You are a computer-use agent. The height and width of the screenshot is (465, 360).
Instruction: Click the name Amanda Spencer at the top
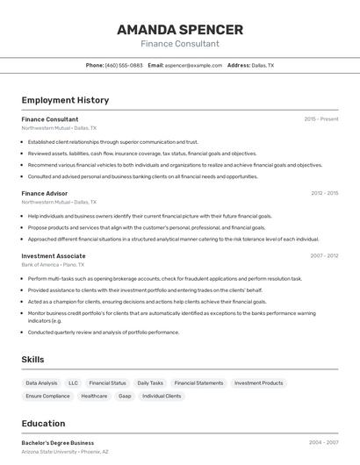coord(180,29)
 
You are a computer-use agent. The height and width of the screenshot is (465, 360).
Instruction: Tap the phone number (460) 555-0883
coord(124,65)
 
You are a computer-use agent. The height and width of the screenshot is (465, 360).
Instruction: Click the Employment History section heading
coord(65,100)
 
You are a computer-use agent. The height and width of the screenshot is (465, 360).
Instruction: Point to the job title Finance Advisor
coord(45,193)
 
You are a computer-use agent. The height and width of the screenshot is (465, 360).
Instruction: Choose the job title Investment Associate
coord(54,256)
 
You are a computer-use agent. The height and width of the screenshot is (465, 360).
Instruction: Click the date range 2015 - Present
coord(321,119)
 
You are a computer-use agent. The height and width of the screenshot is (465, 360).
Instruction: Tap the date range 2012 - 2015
coord(324,193)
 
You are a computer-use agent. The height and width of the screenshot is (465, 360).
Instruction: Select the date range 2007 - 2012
coord(324,256)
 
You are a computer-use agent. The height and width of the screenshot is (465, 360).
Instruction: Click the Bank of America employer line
coord(53,264)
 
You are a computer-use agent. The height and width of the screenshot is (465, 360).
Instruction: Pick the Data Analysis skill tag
coord(41,383)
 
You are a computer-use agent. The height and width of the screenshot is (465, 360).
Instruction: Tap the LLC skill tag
coord(73,383)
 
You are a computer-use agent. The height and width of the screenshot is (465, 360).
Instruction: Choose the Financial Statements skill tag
coord(198,383)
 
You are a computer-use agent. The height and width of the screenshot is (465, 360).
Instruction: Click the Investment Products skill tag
coord(258,383)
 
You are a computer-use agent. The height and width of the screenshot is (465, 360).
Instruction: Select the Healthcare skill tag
coord(94,397)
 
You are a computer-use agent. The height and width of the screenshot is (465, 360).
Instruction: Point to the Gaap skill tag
coord(125,397)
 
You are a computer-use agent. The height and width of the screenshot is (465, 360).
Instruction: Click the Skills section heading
coord(33,360)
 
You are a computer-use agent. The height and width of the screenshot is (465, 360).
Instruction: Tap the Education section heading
coord(43,424)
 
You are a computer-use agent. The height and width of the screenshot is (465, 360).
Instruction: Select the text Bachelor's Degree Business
coord(58,443)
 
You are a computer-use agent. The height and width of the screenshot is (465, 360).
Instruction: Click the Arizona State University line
coord(65,451)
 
